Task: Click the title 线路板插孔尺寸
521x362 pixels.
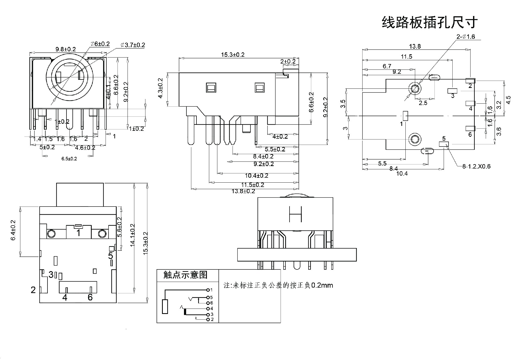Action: [x=430, y=23]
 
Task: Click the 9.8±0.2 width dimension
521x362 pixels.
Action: [x=66, y=49]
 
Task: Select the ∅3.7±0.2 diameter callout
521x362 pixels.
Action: [x=133, y=45]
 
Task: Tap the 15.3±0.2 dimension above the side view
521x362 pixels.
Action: [x=233, y=55]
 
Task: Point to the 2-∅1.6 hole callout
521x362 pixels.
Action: [x=466, y=37]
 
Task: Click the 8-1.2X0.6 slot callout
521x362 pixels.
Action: [x=476, y=166]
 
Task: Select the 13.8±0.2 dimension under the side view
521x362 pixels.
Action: [x=243, y=191]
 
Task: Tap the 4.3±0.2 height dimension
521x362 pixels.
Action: [x=160, y=88]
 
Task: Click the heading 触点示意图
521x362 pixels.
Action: [x=185, y=275]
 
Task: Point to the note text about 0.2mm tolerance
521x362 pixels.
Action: [x=278, y=285]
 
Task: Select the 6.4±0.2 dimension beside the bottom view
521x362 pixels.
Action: [x=13, y=230]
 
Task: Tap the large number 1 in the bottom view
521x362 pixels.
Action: [x=78, y=233]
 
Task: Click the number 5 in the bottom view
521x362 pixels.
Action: [x=110, y=256]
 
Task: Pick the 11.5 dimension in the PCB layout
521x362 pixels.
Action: [x=406, y=56]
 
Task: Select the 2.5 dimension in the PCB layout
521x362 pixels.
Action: [x=423, y=103]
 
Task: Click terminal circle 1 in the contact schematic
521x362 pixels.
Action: [x=208, y=290]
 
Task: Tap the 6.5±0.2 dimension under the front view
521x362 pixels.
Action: [x=69, y=159]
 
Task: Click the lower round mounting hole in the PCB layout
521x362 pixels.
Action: [x=414, y=139]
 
